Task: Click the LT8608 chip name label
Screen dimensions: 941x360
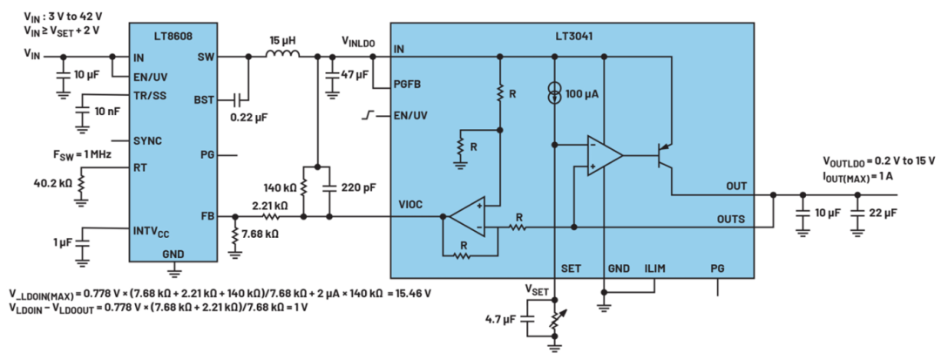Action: (173, 36)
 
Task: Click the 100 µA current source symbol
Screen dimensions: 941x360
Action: (555, 93)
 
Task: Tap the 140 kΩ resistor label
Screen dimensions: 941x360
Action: (281, 187)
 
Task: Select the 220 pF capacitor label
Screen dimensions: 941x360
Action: (358, 187)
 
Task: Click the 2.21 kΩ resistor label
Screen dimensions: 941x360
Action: (269, 205)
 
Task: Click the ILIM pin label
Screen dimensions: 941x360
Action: (655, 268)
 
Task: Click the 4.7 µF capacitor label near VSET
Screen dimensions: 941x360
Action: (500, 320)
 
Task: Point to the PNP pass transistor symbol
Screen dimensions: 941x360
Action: (663, 159)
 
